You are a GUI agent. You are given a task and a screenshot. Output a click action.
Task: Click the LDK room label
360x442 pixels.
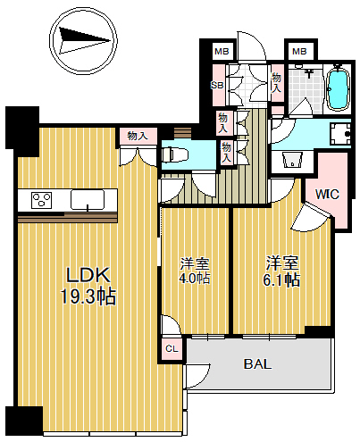(x=88, y=275)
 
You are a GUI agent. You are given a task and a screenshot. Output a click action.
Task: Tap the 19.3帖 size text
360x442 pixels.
(x=88, y=296)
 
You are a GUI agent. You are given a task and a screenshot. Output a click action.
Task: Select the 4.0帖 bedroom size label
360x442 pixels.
(x=195, y=279)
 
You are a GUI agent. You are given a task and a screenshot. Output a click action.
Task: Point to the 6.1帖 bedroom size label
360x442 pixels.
(x=281, y=279)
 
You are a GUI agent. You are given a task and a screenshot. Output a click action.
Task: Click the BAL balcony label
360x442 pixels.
(x=257, y=363)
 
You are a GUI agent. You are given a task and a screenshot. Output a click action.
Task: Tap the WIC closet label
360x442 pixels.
(x=327, y=195)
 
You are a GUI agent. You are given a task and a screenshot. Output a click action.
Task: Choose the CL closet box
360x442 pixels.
(x=172, y=348)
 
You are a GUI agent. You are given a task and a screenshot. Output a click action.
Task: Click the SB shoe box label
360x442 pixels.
(x=217, y=86)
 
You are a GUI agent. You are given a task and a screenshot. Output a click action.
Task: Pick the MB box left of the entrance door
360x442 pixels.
(x=222, y=52)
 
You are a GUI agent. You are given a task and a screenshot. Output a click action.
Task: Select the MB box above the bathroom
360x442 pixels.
(x=299, y=52)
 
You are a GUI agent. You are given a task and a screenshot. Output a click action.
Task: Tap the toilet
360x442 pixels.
(x=174, y=154)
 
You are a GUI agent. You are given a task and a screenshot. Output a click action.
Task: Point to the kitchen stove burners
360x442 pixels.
(x=42, y=200)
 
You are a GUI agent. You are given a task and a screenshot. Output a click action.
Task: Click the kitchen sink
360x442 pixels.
(x=88, y=199)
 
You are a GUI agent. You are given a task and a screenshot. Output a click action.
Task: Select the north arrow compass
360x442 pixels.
(x=83, y=40)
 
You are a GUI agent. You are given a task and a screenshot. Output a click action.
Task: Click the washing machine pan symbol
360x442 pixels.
(x=339, y=134)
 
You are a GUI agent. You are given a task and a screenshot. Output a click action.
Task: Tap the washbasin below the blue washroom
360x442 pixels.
(x=292, y=161)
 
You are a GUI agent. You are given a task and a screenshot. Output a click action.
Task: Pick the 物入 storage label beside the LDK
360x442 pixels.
(x=138, y=136)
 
